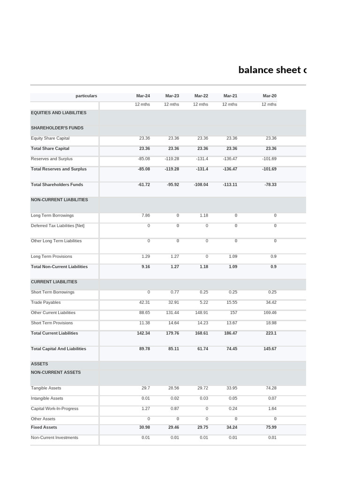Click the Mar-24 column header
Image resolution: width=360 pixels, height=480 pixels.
click(x=143, y=96)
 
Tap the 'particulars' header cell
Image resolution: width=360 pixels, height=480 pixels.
click(x=86, y=96)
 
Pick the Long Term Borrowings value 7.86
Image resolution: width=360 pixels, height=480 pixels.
click(x=145, y=216)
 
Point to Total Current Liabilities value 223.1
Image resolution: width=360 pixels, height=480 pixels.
click(x=271, y=333)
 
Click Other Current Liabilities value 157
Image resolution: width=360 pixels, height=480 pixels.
click(x=233, y=313)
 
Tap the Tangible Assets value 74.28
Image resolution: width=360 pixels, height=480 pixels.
click(x=271, y=388)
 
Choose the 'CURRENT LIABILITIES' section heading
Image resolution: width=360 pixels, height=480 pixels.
click(x=54, y=282)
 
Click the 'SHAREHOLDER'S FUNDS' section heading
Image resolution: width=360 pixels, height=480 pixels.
click(x=57, y=128)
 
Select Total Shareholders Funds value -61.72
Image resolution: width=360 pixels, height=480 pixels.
click(x=144, y=185)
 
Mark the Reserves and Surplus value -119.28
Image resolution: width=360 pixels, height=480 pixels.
click(x=172, y=159)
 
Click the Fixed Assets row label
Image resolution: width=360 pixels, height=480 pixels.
click(x=44, y=427)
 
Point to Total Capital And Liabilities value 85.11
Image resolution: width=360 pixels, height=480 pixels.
click(x=173, y=349)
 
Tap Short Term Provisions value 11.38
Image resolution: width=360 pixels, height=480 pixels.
click(x=144, y=323)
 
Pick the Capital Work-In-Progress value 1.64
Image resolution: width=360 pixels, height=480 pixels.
click(x=272, y=409)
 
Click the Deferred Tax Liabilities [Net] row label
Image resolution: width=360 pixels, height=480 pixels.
click(x=58, y=226)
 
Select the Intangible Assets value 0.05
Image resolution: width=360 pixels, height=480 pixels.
click(x=233, y=398)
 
